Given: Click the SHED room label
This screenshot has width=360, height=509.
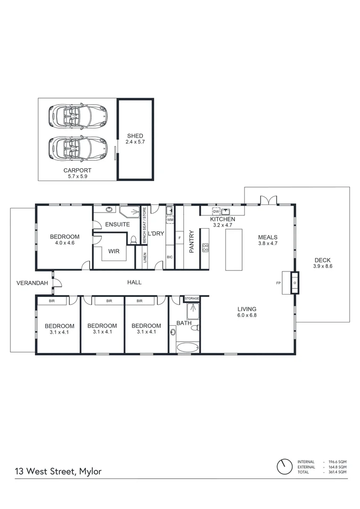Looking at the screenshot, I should click(x=135, y=136).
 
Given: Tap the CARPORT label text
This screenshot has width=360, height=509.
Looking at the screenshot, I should click(x=77, y=171).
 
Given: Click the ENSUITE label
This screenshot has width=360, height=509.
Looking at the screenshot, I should click(x=117, y=224).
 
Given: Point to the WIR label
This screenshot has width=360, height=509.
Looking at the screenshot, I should click(x=114, y=252).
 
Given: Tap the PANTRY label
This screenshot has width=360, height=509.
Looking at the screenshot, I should click(x=192, y=242).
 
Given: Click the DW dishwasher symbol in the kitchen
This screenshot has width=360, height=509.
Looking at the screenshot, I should click(x=216, y=211).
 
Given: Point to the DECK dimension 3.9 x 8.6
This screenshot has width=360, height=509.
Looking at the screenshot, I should click(x=322, y=267).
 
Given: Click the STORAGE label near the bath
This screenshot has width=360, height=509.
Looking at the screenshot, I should click(x=192, y=299).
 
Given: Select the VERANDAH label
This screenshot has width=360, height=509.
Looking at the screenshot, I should click(x=33, y=283).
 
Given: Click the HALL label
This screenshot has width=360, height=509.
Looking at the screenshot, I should click(x=134, y=282).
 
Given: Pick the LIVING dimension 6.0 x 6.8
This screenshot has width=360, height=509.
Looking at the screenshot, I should click(x=246, y=315).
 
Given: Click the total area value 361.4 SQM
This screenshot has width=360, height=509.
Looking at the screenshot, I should click(x=337, y=472).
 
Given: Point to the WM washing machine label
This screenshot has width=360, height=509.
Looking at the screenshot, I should click(x=170, y=220).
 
